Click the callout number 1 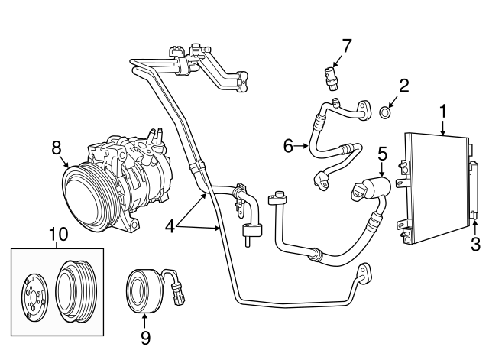tap(443, 112)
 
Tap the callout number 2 tap(404, 85)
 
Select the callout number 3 tap(474, 244)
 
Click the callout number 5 tap(383, 153)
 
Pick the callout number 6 tap(288, 144)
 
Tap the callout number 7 tap(346, 44)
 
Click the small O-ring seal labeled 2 tap(386, 114)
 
